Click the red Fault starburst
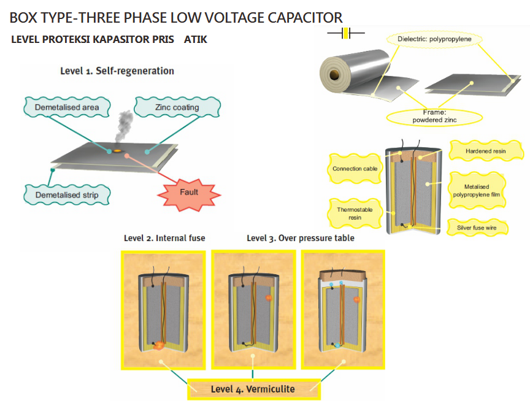(x=190, y=192)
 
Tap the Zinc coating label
(x=177, y=107)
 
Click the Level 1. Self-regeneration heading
(x=117, y=71)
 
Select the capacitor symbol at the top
(x=347, y=33)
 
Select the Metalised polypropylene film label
(x=478, y=190)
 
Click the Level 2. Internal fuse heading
(x=164, y=238)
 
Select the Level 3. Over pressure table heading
(x=300, y=238)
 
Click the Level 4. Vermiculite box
(x=253, y=388)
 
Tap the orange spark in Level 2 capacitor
(x=159, y=345)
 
